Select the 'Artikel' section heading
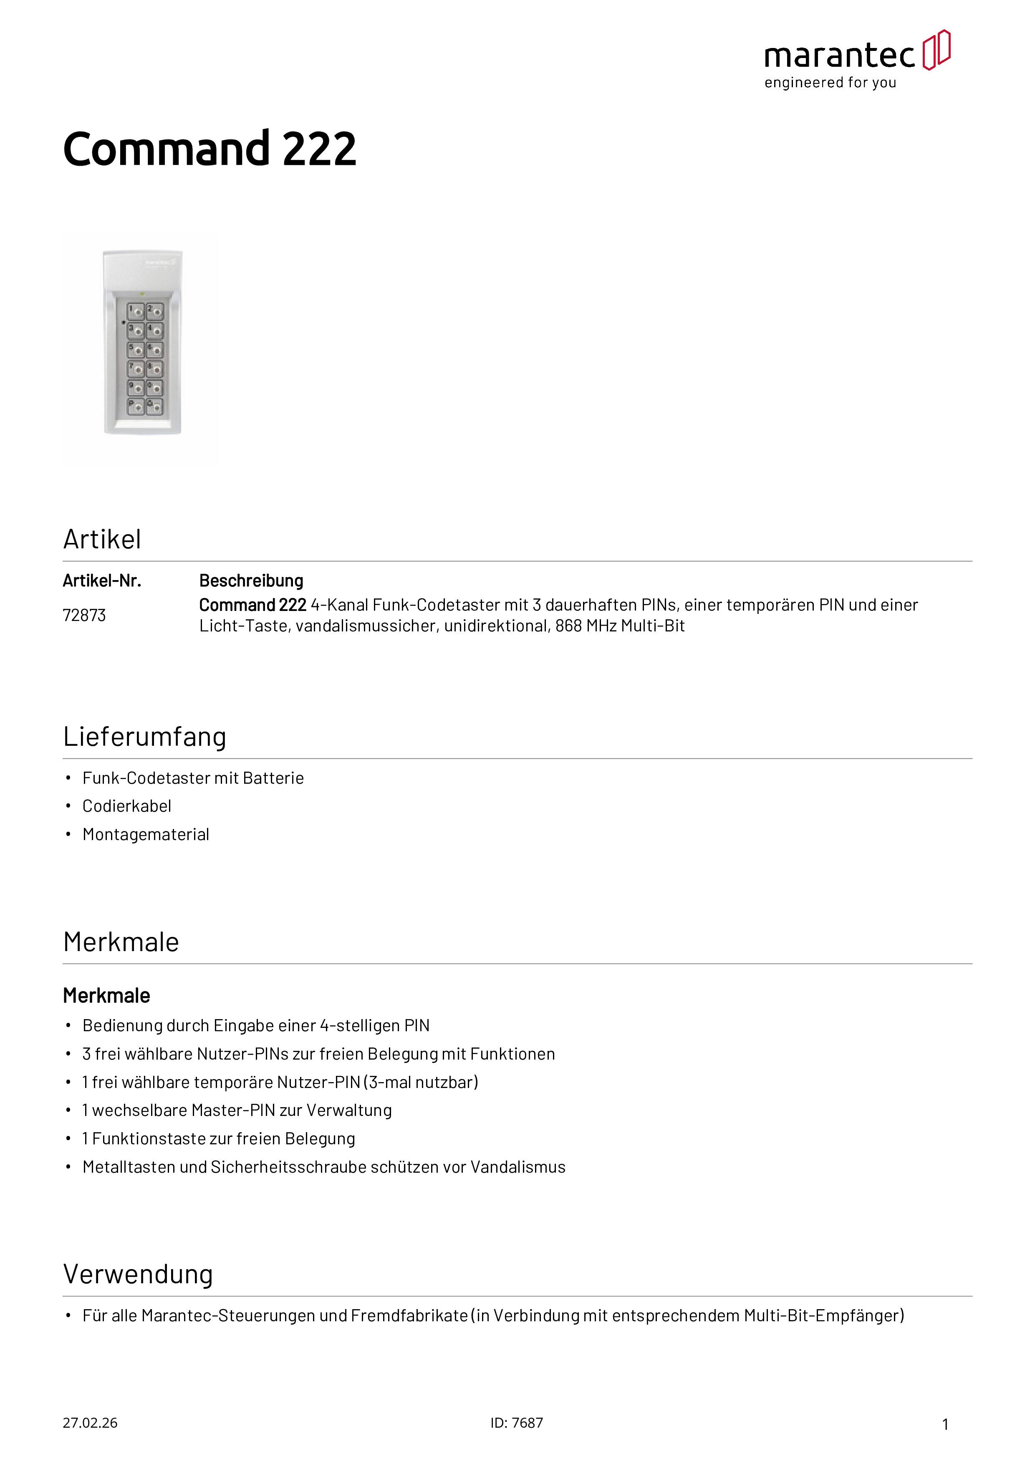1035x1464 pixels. pos(102,540)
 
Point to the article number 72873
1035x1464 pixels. pos(84,615)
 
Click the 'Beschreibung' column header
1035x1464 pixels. pos(251,581)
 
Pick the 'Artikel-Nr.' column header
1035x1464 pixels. pos(102,581)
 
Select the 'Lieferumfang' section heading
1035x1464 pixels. pos(145,737)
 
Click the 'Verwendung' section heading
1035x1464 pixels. pos(138,1274)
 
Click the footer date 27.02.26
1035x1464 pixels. pos(90,1423)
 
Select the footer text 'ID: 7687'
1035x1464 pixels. pos(517,1423)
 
